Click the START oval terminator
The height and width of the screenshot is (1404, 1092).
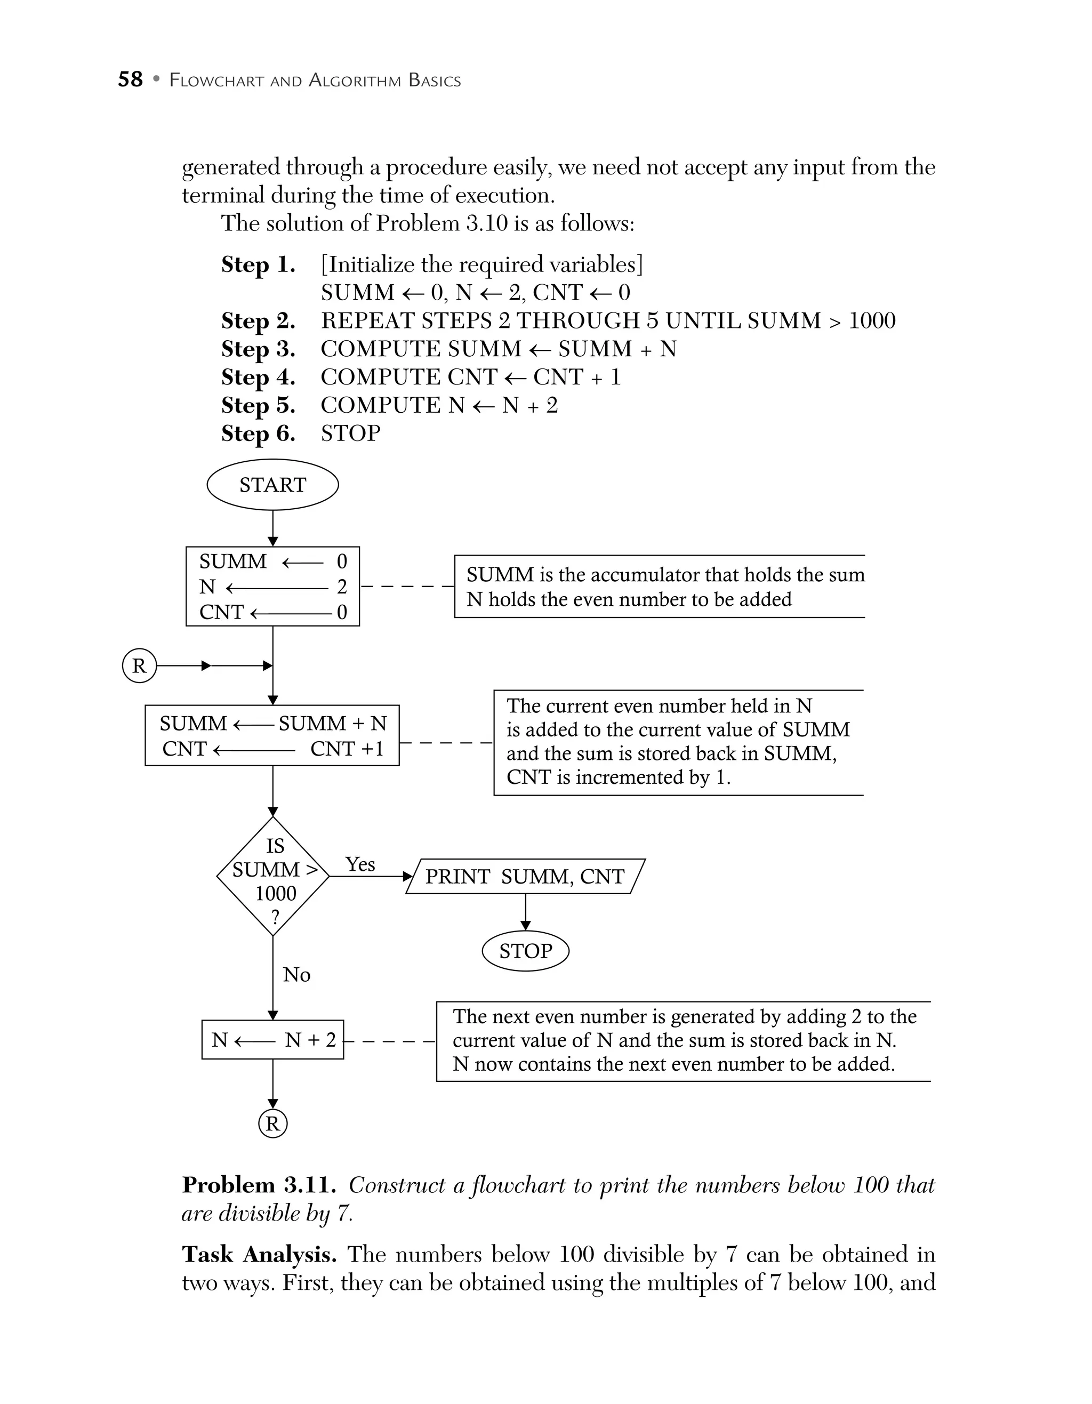coord(272,485)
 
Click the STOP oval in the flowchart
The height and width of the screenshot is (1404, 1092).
coord(525,951)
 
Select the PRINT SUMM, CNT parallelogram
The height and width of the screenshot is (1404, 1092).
coord(525,877)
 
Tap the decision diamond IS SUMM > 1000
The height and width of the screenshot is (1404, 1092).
coord(273,876)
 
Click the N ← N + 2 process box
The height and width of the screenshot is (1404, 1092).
coord(272,1040)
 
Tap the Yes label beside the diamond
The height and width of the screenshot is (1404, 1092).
coord(360,865)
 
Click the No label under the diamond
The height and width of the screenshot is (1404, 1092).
coord(296,975)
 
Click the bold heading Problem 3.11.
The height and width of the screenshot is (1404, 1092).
coord(260,1185)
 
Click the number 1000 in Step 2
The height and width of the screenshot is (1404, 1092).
coord(872,321)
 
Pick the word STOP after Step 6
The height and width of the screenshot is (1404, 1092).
coord(350,434)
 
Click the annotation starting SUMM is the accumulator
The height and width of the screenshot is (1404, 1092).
coord(664,586)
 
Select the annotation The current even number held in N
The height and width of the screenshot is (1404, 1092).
coord(678,742)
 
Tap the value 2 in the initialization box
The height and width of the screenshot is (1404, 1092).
coord(341,586)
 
